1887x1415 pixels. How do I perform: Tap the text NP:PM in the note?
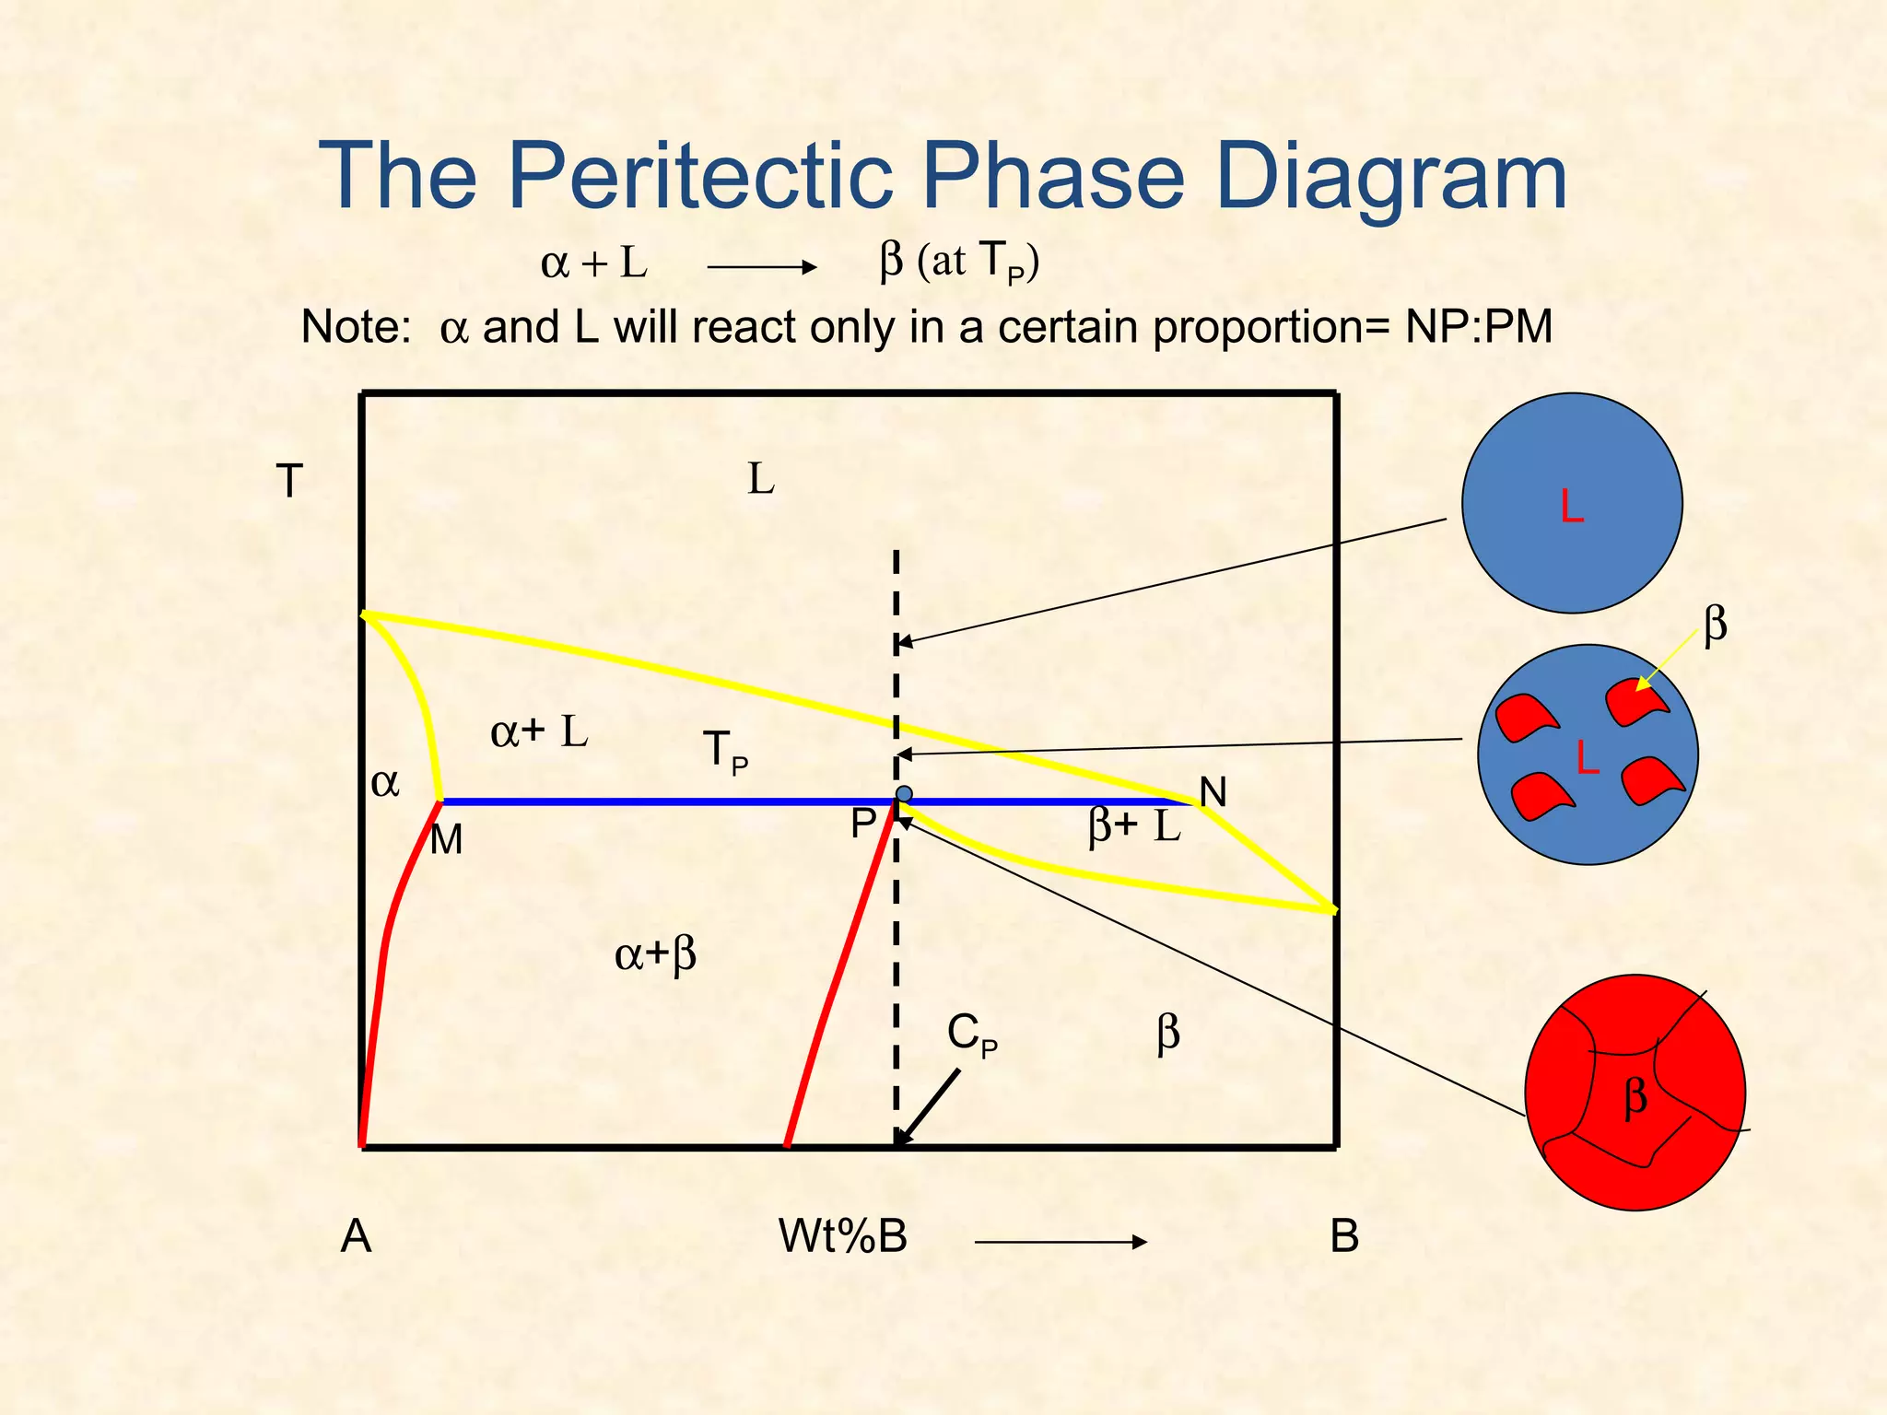pos(1478,327)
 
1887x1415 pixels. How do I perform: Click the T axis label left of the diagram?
pos(289,482)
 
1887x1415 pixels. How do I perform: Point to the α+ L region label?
pos(538,732)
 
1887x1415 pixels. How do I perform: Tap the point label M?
pos(447,840)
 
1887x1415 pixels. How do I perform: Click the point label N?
pos(1213,792)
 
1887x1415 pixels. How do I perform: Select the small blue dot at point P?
pos(904,794)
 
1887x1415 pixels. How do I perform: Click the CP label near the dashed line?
pos(972,1035)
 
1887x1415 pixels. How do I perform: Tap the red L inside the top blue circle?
pos(1572,507)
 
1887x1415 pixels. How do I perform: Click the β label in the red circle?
pos(1635,1097)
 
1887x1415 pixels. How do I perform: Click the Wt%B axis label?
pos(842,1236)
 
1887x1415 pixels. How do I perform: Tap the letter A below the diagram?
pos(356,1236)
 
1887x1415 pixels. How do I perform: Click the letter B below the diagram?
pos(1344,1236)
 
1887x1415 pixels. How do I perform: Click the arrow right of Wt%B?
pos(1060,1242)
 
